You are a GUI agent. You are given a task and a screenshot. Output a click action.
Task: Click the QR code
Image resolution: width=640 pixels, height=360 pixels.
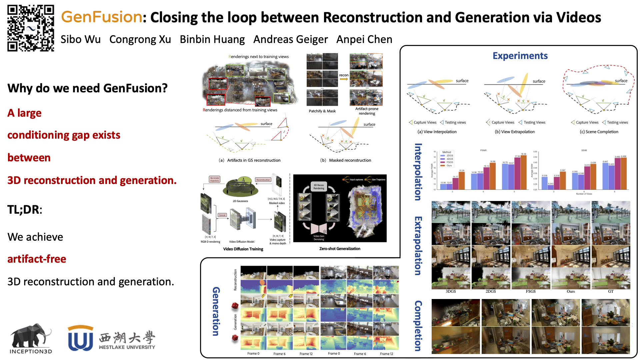point(31,28)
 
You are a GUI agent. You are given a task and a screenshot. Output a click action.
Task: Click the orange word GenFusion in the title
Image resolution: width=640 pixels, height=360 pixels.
point(102,17)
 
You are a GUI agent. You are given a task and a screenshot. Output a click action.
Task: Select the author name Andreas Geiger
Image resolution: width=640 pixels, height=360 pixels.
point(290,39)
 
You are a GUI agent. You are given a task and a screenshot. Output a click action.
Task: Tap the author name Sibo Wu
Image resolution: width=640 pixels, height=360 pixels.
point(80,39)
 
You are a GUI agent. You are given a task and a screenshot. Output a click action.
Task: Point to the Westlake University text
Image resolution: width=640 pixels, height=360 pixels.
point(127,347)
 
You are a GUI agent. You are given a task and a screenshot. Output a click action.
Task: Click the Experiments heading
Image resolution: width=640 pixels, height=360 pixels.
point(520,56)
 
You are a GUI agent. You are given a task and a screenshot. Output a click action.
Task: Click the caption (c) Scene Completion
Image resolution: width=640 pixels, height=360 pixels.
point(599,132)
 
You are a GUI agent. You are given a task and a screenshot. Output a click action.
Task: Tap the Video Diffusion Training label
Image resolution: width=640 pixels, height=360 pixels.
point(243,249)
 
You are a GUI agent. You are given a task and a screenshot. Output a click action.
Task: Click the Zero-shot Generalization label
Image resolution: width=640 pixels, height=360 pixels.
point(340,249)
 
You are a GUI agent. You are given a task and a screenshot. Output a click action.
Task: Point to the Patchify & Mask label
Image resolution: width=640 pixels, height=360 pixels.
point(322,111)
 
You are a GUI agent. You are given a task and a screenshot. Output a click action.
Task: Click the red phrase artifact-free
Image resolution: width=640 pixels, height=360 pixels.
point(37,259)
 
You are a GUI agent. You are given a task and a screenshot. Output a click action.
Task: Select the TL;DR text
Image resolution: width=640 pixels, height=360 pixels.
point(25,209)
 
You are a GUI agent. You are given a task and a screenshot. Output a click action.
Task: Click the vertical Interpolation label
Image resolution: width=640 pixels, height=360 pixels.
point(418,172)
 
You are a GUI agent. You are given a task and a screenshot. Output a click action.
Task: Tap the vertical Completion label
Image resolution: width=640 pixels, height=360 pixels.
point(418,326)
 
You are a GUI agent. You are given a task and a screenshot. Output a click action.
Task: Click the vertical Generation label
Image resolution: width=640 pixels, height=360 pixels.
point(216,311)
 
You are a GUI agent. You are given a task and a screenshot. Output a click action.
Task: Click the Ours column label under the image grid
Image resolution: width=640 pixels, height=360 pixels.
point(571,291)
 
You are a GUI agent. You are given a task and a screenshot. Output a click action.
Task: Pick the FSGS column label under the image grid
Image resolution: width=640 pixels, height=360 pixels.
point(531,291)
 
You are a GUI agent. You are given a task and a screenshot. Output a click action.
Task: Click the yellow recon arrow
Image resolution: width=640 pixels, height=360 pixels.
point(344,79)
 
